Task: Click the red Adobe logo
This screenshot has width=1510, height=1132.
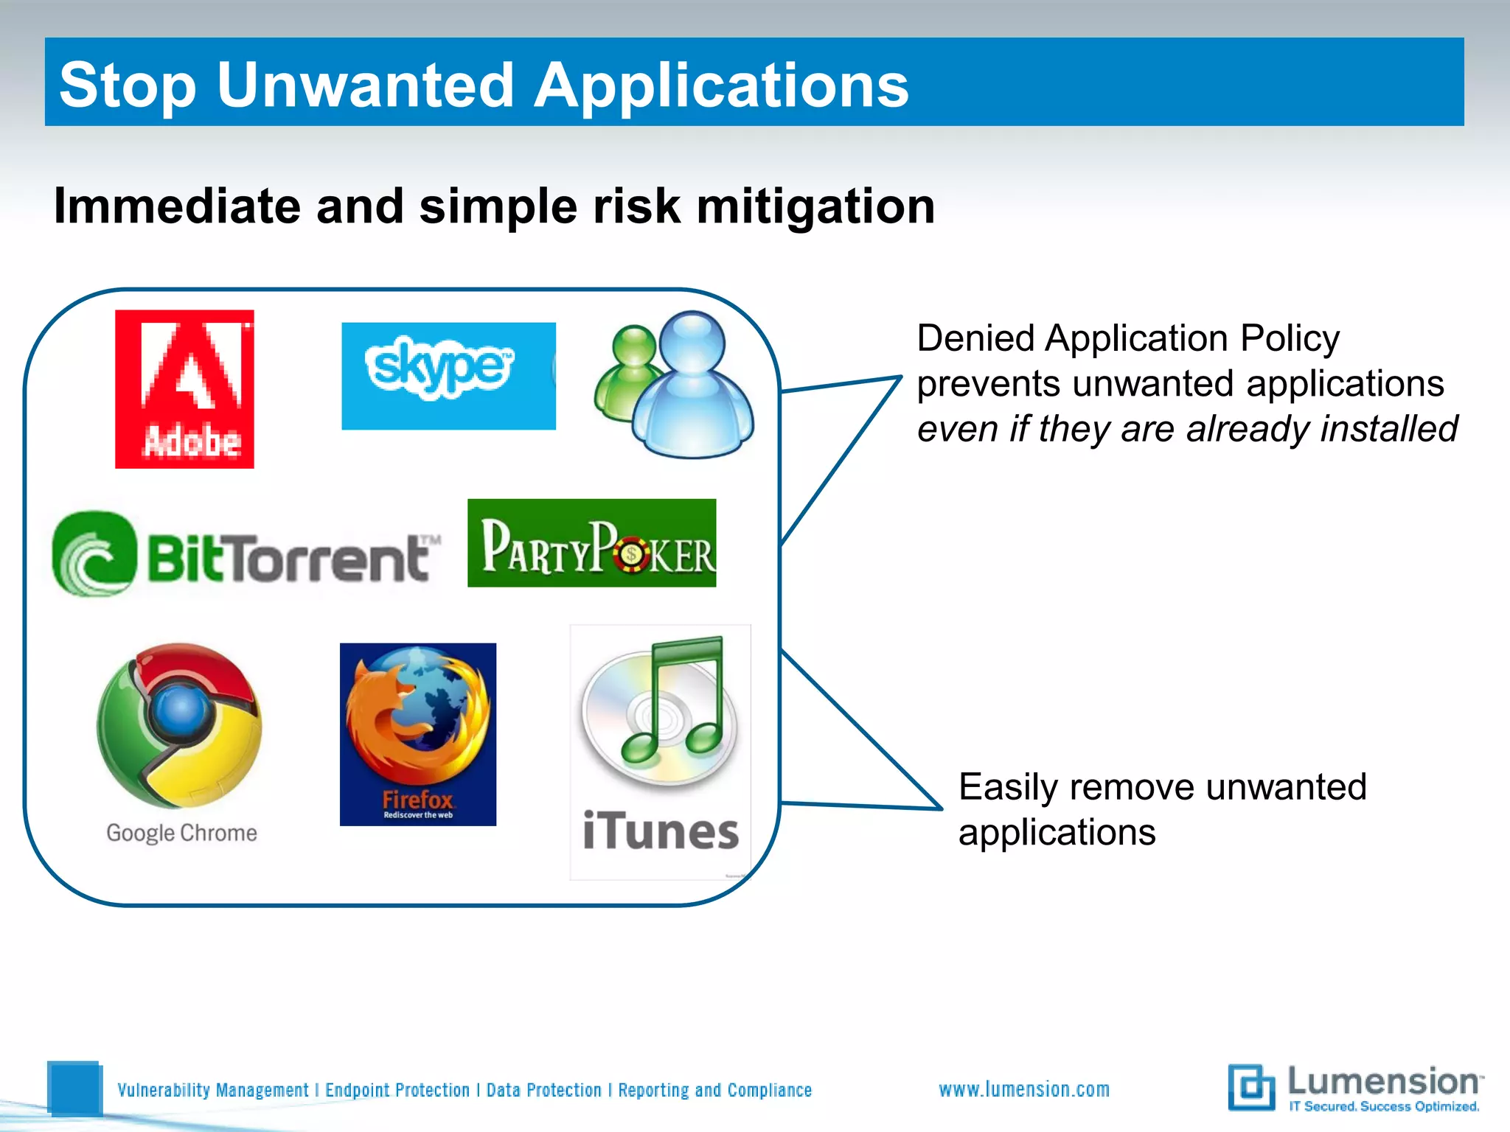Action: pos(184,388)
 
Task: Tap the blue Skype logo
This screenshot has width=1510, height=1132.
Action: pos(448,375)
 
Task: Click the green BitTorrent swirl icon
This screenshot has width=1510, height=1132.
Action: pos(94,554)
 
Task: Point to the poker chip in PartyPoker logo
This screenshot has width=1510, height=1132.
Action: pos(631,554)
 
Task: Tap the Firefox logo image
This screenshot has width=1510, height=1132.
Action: pos(417,733)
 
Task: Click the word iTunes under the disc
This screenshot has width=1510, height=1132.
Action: pos(661,832)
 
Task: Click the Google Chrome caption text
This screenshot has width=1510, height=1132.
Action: pos(181,833)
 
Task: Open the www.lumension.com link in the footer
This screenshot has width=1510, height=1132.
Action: pos(1023,1089)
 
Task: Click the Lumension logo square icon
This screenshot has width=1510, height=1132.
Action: pos(1251,1087)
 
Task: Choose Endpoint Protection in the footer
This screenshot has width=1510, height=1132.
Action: pos(397,1090)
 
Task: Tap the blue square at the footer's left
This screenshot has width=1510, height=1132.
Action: pos(74,1088)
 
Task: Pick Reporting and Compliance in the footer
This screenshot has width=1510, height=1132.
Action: pos(714,1090)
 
